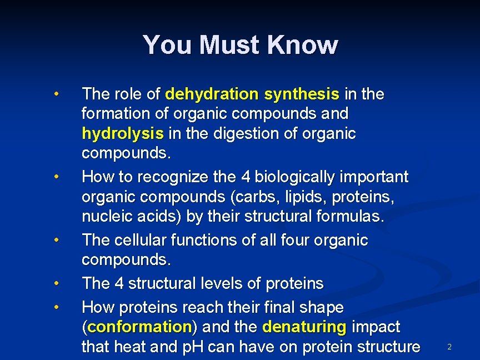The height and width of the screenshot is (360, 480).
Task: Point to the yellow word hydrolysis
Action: (x=123, y=134)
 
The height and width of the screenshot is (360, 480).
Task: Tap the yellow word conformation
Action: (x=139, y=326)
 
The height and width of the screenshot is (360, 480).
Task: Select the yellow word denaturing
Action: (x=304, y=326)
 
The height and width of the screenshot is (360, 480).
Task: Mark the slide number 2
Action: (x=449, y=347)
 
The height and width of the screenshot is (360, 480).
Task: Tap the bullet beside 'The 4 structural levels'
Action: (x=57, y=283)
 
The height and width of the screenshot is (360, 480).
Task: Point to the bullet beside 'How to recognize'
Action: (x=57, y=177)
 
